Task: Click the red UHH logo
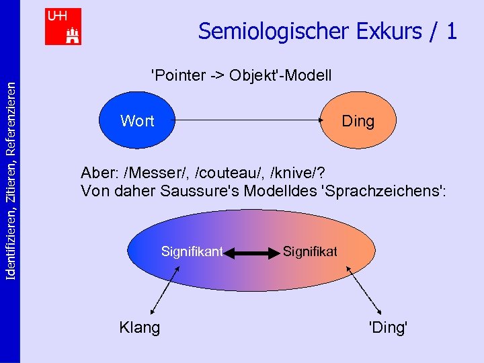click(63, 26)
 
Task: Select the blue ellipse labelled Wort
click(136, 121)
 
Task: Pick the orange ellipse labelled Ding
click(358, 121)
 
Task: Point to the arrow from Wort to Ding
click(249, 121)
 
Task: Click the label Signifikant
click(192, 252)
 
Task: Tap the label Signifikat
click(310, 252)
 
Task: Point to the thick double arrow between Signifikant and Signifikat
click(251, 253)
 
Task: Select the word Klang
click(139, 328)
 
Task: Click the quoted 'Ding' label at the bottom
click(388, 328)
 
